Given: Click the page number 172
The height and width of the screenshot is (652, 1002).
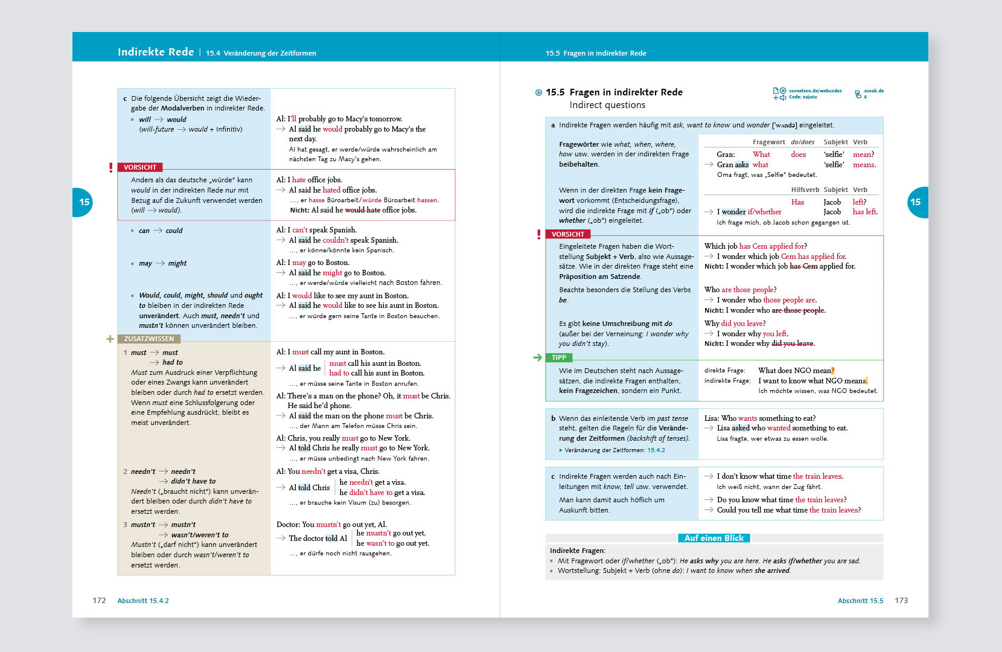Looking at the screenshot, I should click(99, 601).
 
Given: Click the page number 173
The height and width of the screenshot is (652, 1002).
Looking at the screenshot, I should click(901, 601).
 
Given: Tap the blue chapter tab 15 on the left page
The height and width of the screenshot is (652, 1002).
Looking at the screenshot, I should click(83, 202).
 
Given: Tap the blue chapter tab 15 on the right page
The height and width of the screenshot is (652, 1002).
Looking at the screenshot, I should click(916, 202).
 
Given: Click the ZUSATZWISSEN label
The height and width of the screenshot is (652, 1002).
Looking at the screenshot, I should click(148, 339).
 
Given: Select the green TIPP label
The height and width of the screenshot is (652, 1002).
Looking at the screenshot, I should click(559, 357).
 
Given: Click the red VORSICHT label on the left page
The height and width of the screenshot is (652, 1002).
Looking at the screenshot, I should click(140, 167).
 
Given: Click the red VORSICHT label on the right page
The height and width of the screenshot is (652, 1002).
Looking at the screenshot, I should click(567, 234).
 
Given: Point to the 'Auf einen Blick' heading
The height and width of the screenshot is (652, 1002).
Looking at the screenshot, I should click(714, 538).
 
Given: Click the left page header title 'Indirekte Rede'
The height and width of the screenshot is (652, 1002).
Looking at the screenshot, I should click(156, 52).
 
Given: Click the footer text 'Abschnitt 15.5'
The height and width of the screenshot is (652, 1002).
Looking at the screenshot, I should click(860, 601).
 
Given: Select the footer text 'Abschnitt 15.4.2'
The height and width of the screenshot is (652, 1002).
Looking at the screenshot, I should click(143, 601).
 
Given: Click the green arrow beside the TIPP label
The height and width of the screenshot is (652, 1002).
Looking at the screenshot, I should click(538, 357).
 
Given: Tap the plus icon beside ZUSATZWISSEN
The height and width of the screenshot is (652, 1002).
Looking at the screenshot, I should click(110, 339).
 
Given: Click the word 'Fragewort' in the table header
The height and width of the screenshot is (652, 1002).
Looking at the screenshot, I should click(768, 142).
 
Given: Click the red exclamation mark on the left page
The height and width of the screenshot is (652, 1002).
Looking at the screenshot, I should click(111, 167).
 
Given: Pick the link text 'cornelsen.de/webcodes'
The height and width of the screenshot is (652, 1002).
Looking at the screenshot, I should click(815, 91).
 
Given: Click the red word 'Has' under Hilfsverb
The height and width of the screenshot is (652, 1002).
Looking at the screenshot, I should click(797, 202).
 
